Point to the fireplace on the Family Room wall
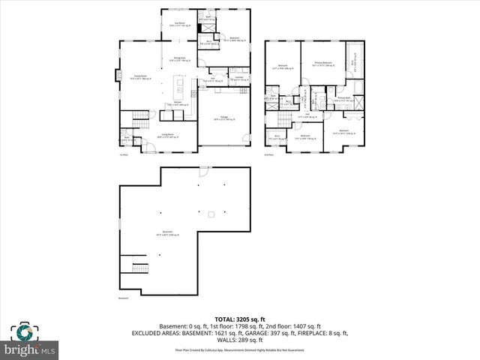pyautogui.click(x=117, y=75)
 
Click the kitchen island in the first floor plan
pyautogui.click(x=179, y=82)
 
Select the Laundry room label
pyautogui.click(x=238, y=78)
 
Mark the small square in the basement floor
pyautogui.click(x=211, y=215)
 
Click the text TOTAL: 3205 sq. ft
pyautogui.click(x=239, y=319)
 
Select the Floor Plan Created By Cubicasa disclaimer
pyautogui.click(x=239, y=349)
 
